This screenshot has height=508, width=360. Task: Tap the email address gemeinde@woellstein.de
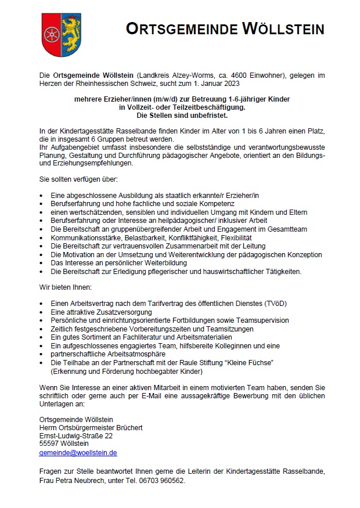pyautogui.click(x=78, y=452)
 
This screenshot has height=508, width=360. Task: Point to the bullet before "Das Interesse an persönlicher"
pyautogui.click(x=41, y=263)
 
